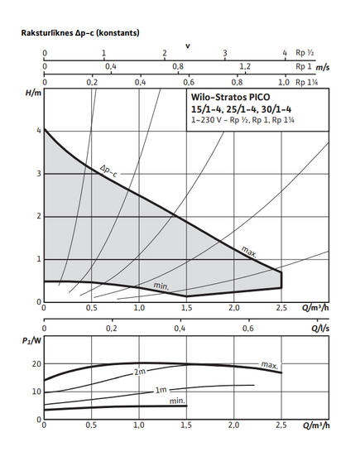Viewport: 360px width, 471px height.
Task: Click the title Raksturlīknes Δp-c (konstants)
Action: (80, 33)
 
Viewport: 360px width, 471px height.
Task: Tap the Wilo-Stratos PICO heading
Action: (231, 97)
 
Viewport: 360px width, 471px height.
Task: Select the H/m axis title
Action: (33, 93)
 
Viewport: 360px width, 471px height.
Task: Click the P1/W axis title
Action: (31, 341)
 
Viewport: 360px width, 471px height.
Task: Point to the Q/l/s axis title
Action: (320, 329)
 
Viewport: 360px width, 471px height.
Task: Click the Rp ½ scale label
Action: (305, 53)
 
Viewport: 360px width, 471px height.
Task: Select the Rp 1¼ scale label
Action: (306, 82)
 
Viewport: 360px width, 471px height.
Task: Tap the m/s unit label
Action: (323, 67)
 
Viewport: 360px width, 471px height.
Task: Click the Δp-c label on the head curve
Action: (108, 171)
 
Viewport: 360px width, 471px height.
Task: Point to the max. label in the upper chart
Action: (249, 252)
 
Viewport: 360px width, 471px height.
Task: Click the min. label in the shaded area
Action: (161, 286)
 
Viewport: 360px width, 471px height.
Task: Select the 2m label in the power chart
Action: (140, 372)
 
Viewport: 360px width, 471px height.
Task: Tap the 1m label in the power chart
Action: (161, 390)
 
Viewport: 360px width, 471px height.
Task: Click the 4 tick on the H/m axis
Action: (39, 131)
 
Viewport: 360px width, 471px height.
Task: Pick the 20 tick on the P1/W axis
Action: (36, 363)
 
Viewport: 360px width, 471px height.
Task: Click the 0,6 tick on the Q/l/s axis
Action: (248, 329)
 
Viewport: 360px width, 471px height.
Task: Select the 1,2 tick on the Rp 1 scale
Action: (245, 67)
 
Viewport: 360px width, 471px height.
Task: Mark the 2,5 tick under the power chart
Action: (281, 425)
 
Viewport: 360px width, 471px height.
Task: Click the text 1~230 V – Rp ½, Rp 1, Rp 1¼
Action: (243, 120)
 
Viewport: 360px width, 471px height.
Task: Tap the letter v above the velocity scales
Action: (188, 46)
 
